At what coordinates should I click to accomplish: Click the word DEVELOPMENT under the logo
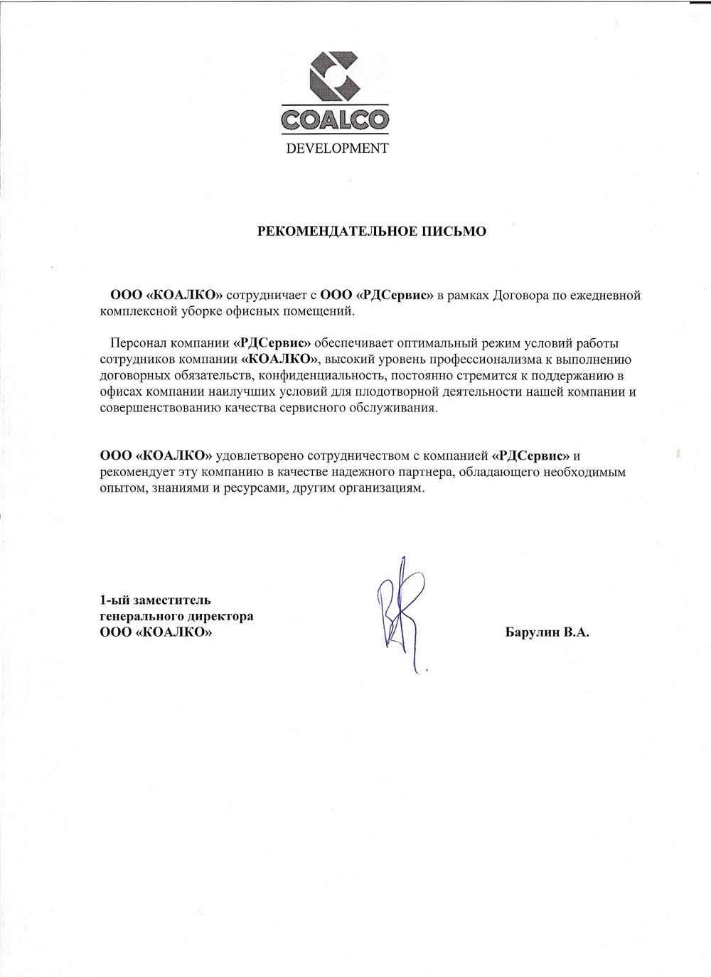pyautogui.click(x=337, y=149)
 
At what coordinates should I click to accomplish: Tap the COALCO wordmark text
pyautogui.click(x=336, y=119)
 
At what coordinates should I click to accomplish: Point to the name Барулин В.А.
pyautogui.click(x=547, y=632)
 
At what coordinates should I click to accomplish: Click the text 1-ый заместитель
pyautogui.click(x=155, y=600)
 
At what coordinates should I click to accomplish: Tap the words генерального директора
pyautogui.click(x=176, y=615)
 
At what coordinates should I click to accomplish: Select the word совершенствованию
pyautogui.click(x=154, y=408)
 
